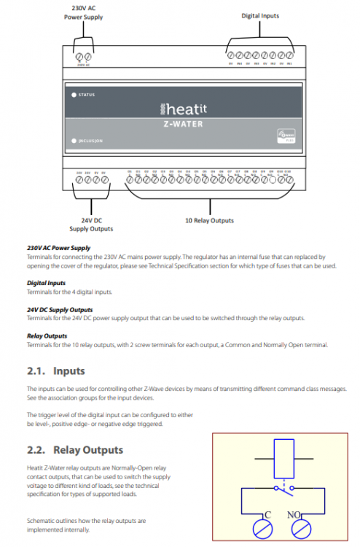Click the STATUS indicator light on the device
pos(74,95)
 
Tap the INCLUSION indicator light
pos(74,140)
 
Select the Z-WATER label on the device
pos(182,124)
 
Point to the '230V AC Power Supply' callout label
pos(83,12)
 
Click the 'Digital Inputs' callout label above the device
pos(260,15)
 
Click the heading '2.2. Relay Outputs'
pos(75,450)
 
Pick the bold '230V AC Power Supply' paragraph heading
pos(58,248)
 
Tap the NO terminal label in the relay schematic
pos(296,514)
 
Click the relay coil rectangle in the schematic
pos(281,459)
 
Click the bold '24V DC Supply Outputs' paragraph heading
pos(60,309)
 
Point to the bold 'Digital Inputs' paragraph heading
pos(47,282)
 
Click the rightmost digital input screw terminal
pos(289,55)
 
